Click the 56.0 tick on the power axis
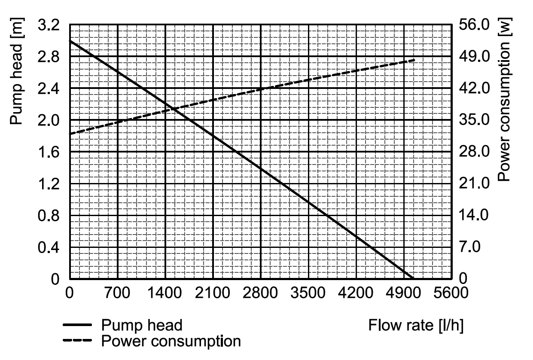(474, 25)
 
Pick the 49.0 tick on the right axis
(474, 57)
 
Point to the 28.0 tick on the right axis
(474, 152)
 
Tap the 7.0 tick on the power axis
(471, 247)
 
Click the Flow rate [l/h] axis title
(416, 325)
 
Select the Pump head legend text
(142, 325)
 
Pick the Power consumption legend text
(171, 342)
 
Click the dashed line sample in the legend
(78, 342)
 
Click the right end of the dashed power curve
(414, 60)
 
